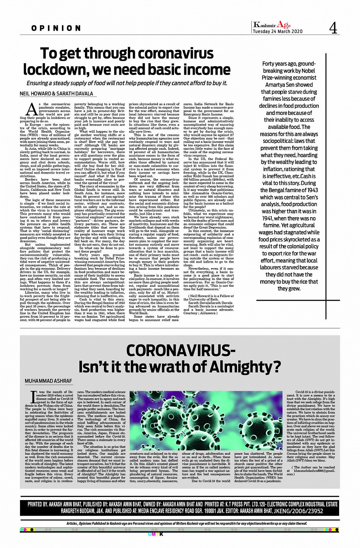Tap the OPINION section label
56,28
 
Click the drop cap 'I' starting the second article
34,396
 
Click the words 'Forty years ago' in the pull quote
278,64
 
